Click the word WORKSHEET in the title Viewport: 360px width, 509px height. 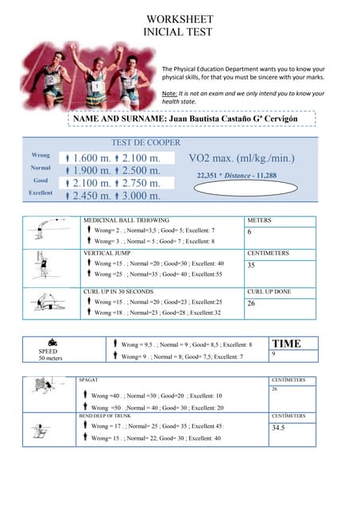(180, 19)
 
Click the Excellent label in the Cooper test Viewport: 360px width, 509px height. (41, 193)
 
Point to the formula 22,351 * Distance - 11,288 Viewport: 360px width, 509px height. (237, 175)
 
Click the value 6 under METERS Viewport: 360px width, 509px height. (250, 232)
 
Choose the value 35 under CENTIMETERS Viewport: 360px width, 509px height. (251, 266)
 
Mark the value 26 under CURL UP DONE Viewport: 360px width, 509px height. (251, 303)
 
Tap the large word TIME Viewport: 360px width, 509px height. (287, 344)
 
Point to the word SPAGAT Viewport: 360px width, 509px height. (87, 380)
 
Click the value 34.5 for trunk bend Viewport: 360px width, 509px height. (278, 428)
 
